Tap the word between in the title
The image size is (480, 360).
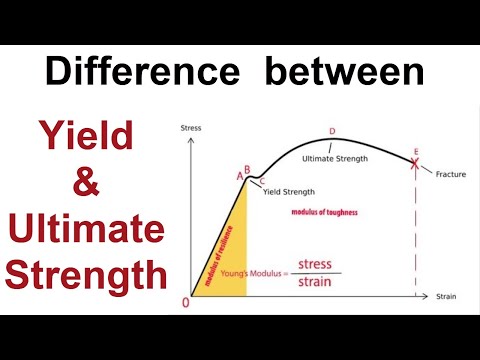pyautogui.click(x=345, y=72)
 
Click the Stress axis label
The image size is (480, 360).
pyautogui.click(x=191, y=127)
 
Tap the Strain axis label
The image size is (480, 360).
pyautogui.click(x=447, y=297)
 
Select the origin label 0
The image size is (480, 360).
pyautogui.click(x=184, y=303)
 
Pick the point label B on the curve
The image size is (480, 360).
pyautogui.click(x=246, y=169)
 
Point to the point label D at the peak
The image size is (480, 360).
pyautogui.click(x=332, y=130)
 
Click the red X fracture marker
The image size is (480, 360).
pyautogui.click(x=415, y=163)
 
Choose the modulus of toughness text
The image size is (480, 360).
pyautogui.click(x=324, y=213)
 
